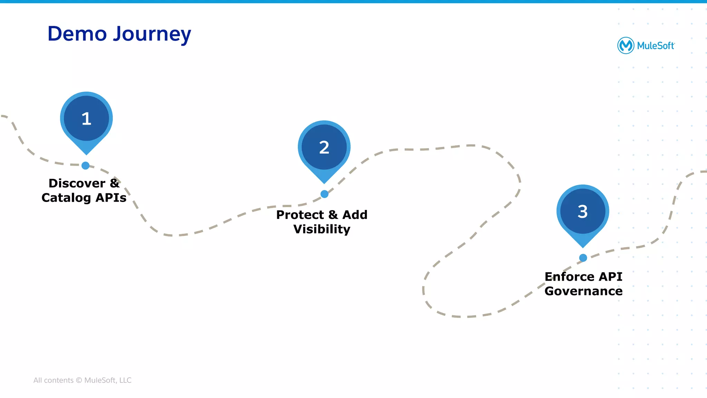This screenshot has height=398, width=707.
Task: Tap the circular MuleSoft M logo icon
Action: click(626, 45)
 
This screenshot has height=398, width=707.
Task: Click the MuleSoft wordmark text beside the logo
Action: click(656, 46)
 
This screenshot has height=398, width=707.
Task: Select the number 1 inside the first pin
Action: click(86, 118)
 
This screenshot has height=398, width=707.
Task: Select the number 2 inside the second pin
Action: click(324, 147)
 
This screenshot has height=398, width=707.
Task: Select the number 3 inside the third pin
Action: click(583, 211)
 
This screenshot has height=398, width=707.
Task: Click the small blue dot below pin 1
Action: click(86, 166)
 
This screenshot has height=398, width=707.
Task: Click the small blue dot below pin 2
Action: click(325, 194)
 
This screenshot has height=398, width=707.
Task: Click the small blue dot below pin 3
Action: click(583, 258)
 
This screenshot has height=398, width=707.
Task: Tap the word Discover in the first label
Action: click(77, 183)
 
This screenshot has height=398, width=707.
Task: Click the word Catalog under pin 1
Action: click(66, 198)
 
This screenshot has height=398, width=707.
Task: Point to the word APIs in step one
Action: click(111, 198)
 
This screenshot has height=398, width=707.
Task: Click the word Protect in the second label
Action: click(300, 215)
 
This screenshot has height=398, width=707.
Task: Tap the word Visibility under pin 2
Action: click(322, 229)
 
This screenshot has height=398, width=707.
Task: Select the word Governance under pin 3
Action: click(583, 291)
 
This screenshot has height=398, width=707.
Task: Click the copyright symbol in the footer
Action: click(79, 380)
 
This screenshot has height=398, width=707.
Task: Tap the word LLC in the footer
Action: click(125, 380)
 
